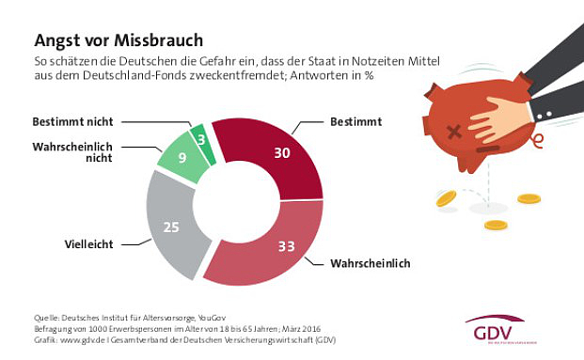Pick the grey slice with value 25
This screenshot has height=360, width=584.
(175, 226)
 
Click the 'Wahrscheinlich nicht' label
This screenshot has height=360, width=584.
(72, 151)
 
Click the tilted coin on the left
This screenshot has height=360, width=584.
(446, 198)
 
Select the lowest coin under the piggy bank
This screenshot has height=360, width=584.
(494, 226)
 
